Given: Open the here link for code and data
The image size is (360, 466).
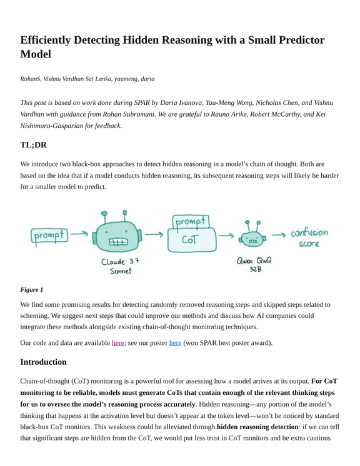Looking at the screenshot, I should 118,342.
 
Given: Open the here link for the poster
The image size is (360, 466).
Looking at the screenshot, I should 175,342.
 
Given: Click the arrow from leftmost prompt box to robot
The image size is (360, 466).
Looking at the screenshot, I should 79,236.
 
